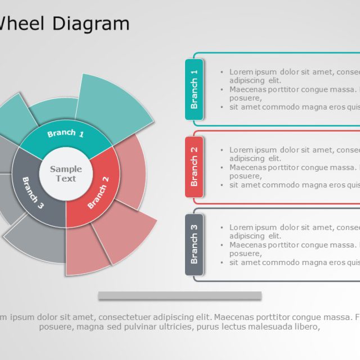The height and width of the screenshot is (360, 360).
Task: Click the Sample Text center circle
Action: [66, 174]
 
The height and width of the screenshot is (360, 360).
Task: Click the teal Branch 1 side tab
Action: [194, 89]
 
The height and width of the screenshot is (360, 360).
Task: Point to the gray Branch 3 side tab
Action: [194, 245]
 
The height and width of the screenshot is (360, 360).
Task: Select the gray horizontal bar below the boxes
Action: [179, 295]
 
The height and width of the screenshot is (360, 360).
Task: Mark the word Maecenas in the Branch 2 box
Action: [247, 168]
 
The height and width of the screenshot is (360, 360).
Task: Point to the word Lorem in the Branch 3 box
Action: [241, 227]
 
